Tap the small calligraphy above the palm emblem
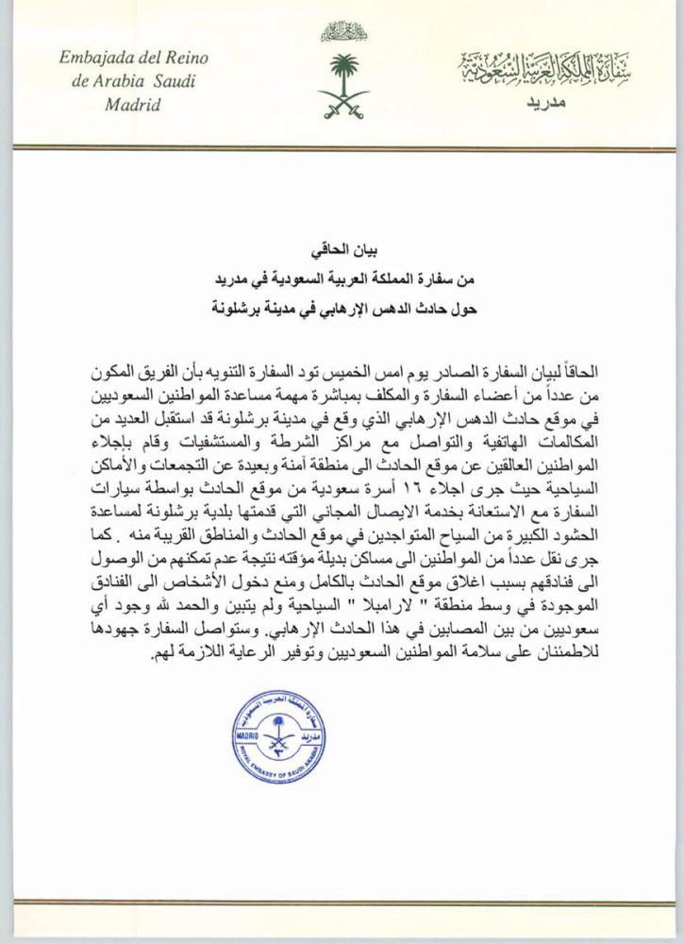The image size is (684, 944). point(341,33)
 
